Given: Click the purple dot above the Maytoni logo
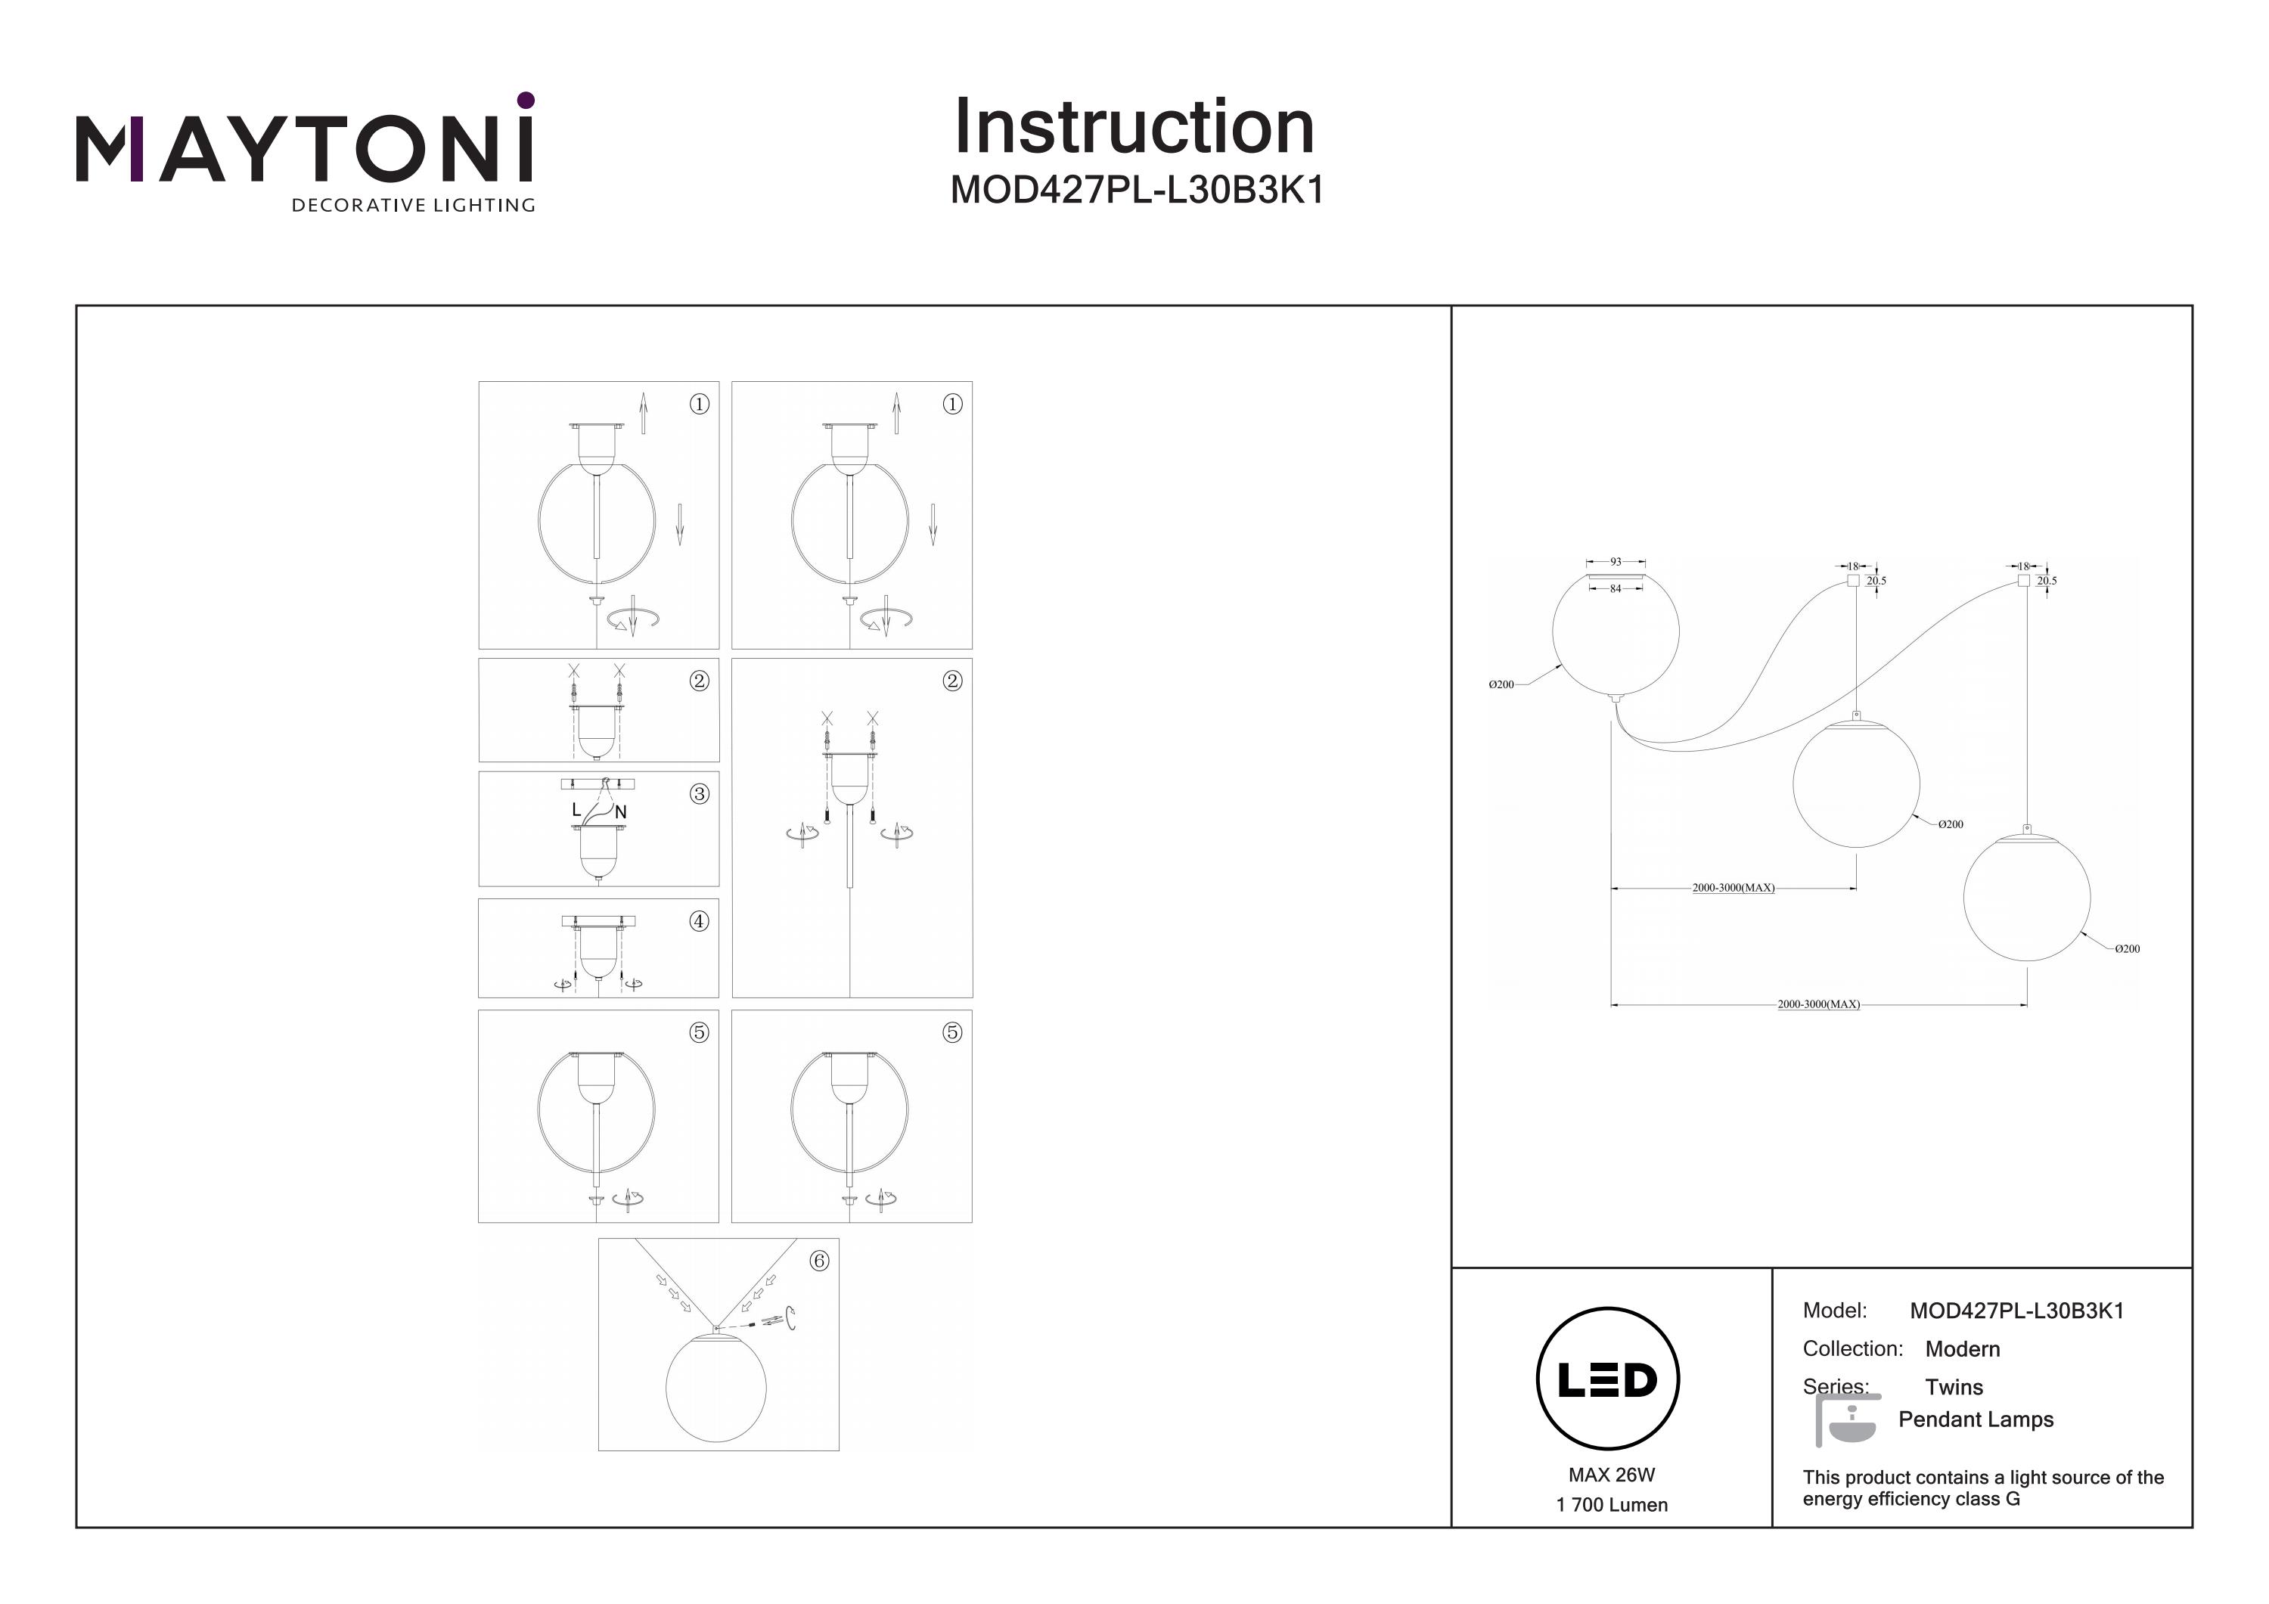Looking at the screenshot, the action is tap(526, 100).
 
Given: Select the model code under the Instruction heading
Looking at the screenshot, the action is tap(1137, 190).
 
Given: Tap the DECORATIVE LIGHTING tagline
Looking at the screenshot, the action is tap(413, 206).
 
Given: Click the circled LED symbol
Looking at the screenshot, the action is tap(1608, 1379).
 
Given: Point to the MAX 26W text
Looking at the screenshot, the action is tap(1612, 1475).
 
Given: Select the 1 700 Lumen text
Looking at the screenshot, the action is tap(1612, 1505).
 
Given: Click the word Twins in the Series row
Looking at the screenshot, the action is tap(1954, 1386).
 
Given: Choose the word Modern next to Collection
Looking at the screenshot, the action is tap(1963, 1349).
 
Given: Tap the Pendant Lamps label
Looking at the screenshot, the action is tap(1976, 1419).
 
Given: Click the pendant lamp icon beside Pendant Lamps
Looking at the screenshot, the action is tap(1848, 1421).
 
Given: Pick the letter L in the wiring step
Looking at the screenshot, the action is tap(576, 809).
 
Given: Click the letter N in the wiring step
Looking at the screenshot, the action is tap(621, 812).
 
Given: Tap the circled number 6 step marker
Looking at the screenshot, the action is tap(818, 1260).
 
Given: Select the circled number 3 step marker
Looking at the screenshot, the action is tap(700, 793).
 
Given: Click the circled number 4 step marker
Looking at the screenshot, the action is tap(699, 921).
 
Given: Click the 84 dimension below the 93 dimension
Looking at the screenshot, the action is tap(1616, 589).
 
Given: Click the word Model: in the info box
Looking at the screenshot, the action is tap(1835, 1311).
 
